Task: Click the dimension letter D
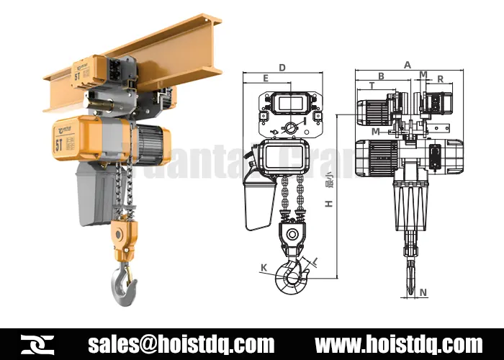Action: pyautogui.click(x=282, y=68)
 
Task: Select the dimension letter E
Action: pyautogui.click(x=266, y=78)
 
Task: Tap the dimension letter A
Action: pyautogui.click(x=408, y=65)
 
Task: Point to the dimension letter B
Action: pyautogui.click(x=381, y=76)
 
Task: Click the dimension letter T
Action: pyautogui.click(x=372, y=86)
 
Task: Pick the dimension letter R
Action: pyautogui.click(x=440, y=78)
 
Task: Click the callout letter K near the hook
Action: pyautogui.click(x=264, y=268)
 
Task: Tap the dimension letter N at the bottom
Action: pyautogui.click(x=423, y=292)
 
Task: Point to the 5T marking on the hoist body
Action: pyautogui.click(x=58, y=142)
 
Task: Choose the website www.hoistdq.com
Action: pyautogui.click(x=399, y=343)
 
